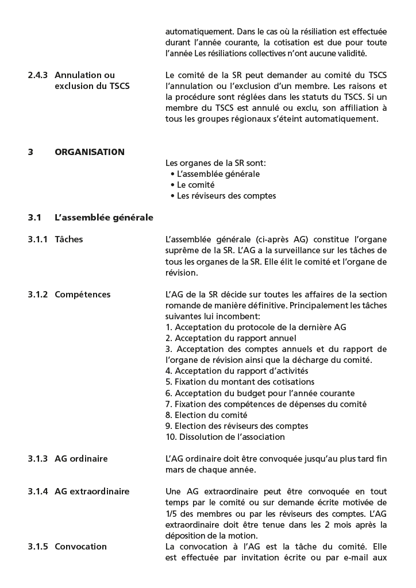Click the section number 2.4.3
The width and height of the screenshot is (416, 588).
[38, 75]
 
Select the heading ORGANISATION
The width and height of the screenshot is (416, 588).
[90, 152]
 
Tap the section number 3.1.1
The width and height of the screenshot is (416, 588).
[38, 239]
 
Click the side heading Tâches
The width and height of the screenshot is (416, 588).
[69, 239]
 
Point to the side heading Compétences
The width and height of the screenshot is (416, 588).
[83, 295]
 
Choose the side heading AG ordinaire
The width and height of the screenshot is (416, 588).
[81, 459]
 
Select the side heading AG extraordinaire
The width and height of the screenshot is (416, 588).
[92, 492]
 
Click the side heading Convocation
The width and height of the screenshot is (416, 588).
[80, 547]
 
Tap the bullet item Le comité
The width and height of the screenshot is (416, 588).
[195, 185]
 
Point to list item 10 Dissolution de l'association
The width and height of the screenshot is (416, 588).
[225, 437]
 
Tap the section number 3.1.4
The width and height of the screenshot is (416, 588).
[38, 492]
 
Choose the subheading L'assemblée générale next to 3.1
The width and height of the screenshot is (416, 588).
[104, 218]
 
